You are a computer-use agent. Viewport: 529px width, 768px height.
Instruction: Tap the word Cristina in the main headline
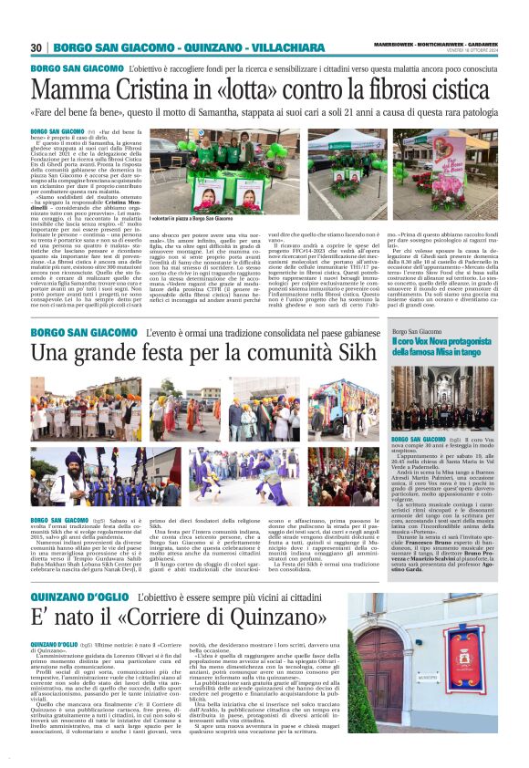tap(155, 90)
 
